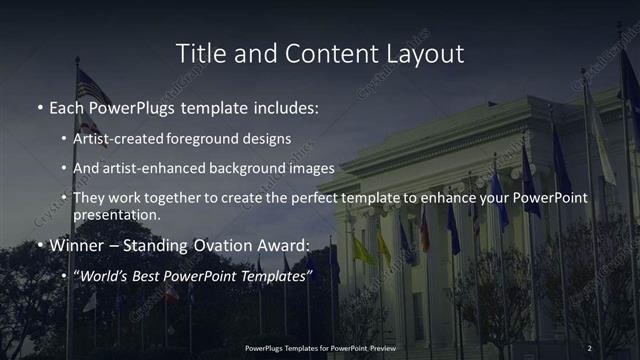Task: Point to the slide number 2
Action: pos(589,347)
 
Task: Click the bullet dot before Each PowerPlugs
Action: pos(39,107)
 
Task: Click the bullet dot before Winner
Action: pos(39,245)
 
